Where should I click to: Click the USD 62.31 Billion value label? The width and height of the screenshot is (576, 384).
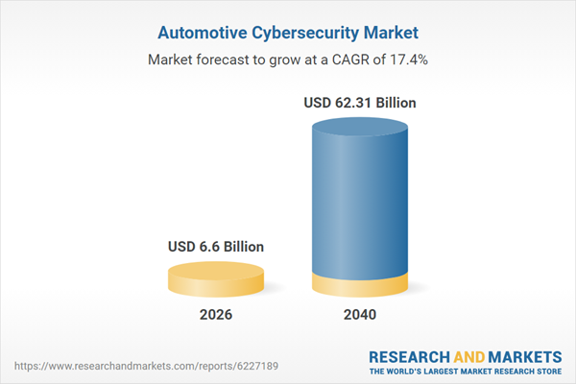(x=360, y=102)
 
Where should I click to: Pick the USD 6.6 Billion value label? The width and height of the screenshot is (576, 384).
(x=216, y=247)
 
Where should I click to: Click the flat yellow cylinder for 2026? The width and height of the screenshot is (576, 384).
(x=216, y=279)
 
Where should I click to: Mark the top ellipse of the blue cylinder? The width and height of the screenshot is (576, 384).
(x=360, y=127)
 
